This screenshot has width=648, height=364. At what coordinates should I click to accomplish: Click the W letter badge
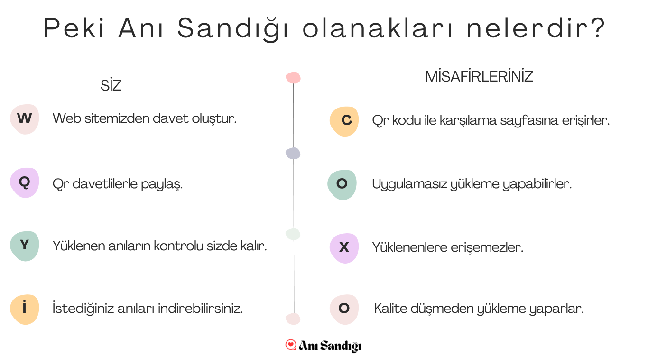click(x=25, y=119)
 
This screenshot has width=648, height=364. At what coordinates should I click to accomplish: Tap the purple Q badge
click(x=25, y=183)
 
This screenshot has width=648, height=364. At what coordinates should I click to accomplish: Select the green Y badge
click(x=25, y=246)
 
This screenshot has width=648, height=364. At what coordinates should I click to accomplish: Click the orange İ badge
click(x=25, y=309)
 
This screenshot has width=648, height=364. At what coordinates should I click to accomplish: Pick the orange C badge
click(x=344, y=121)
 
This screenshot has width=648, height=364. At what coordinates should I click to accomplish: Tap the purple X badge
click(x=344, y=248)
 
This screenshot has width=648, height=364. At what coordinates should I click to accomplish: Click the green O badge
click(x=342, y=185)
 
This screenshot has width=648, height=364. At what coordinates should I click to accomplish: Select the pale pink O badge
click(x=344, y=309)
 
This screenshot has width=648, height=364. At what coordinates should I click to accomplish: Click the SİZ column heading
click(x=111, y=85)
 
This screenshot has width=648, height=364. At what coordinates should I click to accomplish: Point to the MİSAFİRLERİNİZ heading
click(x=479, y=77)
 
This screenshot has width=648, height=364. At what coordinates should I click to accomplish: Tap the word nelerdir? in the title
click(x=536, y=28)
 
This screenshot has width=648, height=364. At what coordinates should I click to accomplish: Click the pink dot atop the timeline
click(x=293, y=77)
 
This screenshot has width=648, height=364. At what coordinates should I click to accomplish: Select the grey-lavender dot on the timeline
click(x=293, y=153)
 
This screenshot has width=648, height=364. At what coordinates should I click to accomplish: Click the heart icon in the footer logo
click(x=291, y=345)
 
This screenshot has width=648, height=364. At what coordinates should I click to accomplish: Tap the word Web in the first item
click(x=67, y=118)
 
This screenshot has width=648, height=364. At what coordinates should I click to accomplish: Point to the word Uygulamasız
click(x=410, y=184)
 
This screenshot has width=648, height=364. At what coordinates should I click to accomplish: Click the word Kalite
click(x=391, y=308)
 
